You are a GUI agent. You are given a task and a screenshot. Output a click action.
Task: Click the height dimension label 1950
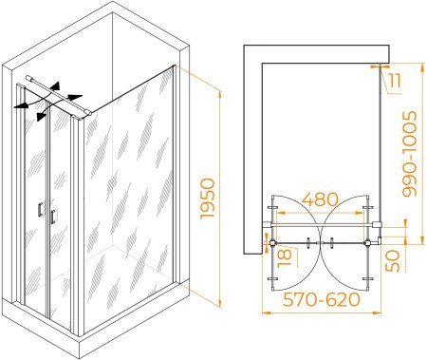point(208,199)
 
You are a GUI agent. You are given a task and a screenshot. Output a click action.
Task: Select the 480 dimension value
point(320,199)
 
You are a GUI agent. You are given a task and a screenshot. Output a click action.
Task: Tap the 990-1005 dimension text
point(409,154)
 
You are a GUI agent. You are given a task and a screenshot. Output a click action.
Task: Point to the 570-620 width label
point(322,299)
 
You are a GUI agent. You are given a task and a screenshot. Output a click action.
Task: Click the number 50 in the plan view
point(393,260)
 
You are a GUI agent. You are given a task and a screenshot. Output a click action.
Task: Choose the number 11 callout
point(395,81)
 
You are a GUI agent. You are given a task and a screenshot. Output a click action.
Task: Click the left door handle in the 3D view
point(40,210)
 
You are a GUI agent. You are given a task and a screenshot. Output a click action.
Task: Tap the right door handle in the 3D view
point(53,217)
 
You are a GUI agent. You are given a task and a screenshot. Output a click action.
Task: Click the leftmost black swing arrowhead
point(19,106)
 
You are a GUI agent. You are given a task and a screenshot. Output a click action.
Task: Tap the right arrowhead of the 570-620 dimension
point(377,313)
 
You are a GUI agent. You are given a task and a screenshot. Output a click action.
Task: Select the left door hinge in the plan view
point(272,243)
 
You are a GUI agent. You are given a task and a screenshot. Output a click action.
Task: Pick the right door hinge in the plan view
point(368,243)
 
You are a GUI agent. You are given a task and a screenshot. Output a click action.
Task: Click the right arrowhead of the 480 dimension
point(361,213)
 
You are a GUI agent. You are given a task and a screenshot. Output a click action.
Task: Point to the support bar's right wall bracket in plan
point(378,225)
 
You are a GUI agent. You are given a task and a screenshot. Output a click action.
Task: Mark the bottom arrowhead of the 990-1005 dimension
point(422,240)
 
